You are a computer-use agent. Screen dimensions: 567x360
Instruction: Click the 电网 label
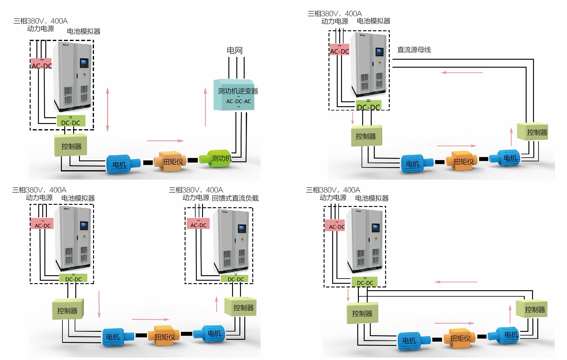click(235, 50)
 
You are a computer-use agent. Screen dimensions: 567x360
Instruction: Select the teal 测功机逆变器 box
click(234, 95)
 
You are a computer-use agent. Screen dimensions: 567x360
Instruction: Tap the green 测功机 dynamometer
click(216, 158)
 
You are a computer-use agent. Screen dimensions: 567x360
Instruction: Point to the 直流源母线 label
click(414, 50)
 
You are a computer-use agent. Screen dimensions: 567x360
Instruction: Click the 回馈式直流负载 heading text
click(235, 198)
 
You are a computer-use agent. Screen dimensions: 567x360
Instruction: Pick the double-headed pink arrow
click(107, 109)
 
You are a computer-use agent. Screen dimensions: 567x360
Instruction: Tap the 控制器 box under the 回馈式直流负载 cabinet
click(240, 307)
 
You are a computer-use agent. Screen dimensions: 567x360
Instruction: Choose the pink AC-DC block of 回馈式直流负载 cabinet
click(198, 224)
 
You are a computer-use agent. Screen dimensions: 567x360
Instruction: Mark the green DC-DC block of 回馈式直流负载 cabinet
click(236, 278)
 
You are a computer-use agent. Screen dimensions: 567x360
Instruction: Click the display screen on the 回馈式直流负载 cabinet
click(242, 228)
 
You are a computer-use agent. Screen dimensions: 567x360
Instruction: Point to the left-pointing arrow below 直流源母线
click(462, 73)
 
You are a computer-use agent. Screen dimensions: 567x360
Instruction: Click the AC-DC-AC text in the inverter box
click(238, 101)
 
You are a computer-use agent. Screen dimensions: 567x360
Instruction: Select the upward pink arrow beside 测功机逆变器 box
click(205, 107)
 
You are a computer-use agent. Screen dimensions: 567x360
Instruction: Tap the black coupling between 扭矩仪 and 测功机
click(193, 160)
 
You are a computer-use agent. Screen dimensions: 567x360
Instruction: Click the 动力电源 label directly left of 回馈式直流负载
click(196, 198)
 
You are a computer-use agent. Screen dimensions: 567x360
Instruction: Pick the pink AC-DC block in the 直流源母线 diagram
click(340, 50)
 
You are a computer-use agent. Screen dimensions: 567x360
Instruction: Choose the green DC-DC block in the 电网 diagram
click(71, 121)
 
